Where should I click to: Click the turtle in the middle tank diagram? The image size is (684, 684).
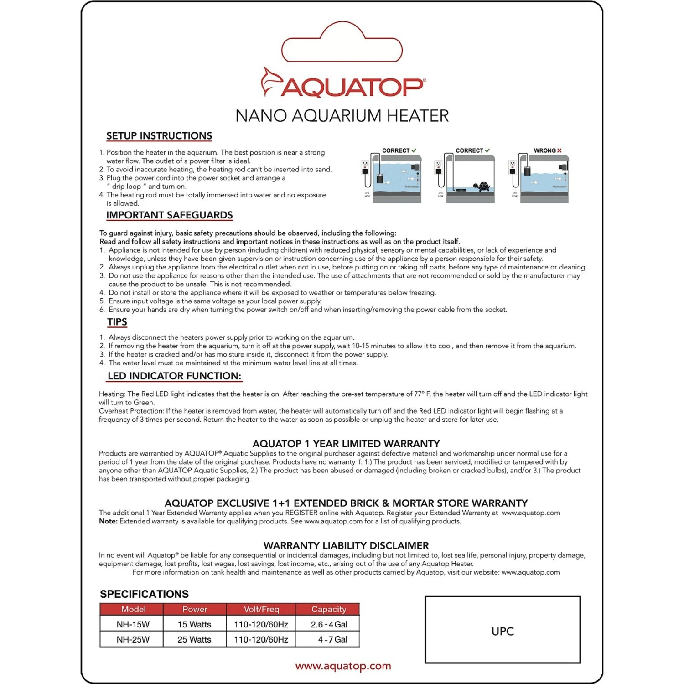coord(482,186)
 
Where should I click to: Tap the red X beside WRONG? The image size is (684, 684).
coord(559,150)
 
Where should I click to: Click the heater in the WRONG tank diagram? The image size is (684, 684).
coord(528,172)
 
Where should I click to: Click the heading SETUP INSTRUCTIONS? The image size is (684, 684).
coord(159,136)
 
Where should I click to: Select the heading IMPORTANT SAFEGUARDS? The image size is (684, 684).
coord(169,215)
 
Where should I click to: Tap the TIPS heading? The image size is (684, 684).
coord(117,322)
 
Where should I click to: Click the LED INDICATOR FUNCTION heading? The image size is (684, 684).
coord(174,376)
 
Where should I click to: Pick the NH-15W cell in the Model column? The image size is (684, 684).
coord(133,624)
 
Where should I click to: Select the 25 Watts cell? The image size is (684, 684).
coord(194,639)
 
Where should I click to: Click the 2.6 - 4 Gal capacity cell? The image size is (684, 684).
coord(329,624)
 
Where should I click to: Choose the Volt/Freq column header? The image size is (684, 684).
coord(261,609)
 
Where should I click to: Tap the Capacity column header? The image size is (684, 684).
coord(329,609)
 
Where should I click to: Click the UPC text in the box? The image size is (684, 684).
coord(503,632)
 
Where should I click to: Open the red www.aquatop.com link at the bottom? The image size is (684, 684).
coord(343,666)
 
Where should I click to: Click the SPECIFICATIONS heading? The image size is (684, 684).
coord(144,594)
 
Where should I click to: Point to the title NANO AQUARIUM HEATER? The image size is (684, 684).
coord(342,116)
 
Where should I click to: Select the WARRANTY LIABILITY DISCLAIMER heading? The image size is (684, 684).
coord(346,545)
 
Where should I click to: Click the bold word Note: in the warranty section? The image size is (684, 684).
coord(108,521)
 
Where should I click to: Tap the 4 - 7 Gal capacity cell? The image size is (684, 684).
coord(332,639)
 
